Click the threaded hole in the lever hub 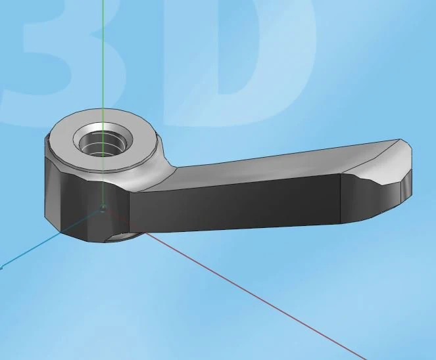click(x=103, y=145)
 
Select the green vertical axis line click(x=103, y=102)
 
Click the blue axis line click(x=50, y=238)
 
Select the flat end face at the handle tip click(x=406, y=183)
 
